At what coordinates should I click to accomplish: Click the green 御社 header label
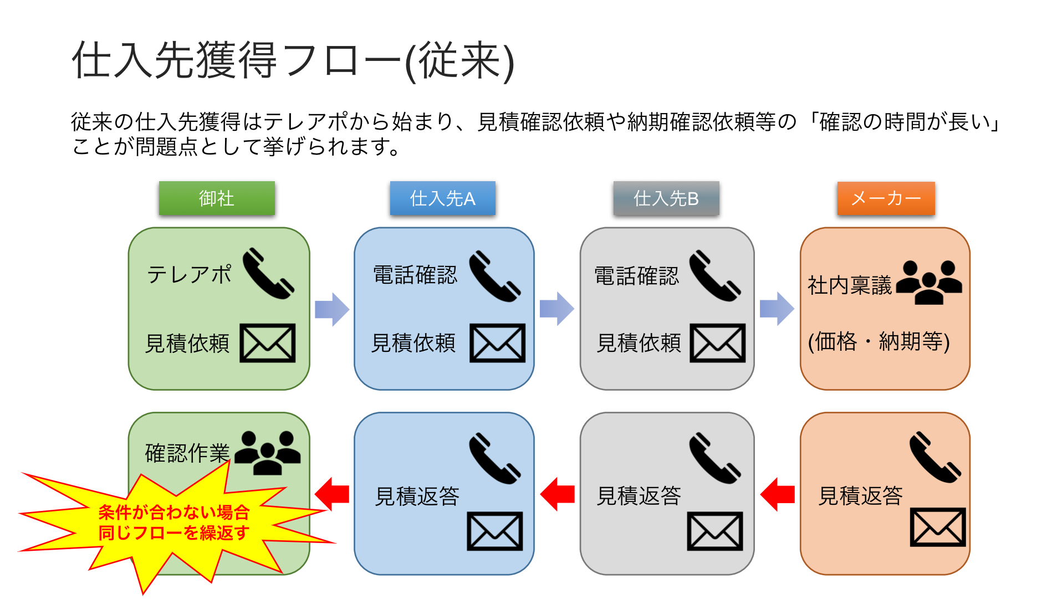tap(217, 198)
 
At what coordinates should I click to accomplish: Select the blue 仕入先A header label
tap(442, 198)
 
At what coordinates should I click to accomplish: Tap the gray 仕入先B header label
tap(666, 198)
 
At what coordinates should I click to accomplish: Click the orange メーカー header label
tap(886, 198)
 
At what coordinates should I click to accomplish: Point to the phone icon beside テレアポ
tap(268, 273)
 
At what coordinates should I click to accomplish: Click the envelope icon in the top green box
tap(268, 343)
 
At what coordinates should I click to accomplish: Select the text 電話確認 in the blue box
tap(415, 275)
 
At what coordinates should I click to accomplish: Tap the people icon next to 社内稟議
tap(929, 283)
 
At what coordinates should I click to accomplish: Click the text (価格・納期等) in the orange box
tap(878, 341)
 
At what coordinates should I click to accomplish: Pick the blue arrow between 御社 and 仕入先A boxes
tap(332, 309)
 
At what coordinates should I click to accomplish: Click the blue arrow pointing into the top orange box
tap(777, 309)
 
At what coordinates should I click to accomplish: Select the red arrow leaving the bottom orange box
tap(777, 494)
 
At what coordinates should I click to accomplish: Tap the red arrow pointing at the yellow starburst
tap(331, 494)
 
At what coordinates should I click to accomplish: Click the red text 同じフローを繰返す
tap(174, 533)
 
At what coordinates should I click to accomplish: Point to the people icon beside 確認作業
tap(268, 453)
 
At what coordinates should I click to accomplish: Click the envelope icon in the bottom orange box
tap(938, 527)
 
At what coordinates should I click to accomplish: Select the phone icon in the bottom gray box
tap(715, 458)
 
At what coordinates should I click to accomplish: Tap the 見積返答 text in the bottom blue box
tap(417, 496)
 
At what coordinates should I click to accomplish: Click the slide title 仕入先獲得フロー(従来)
tap(293, 61)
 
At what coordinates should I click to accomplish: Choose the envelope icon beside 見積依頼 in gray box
tap(718, 344)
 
